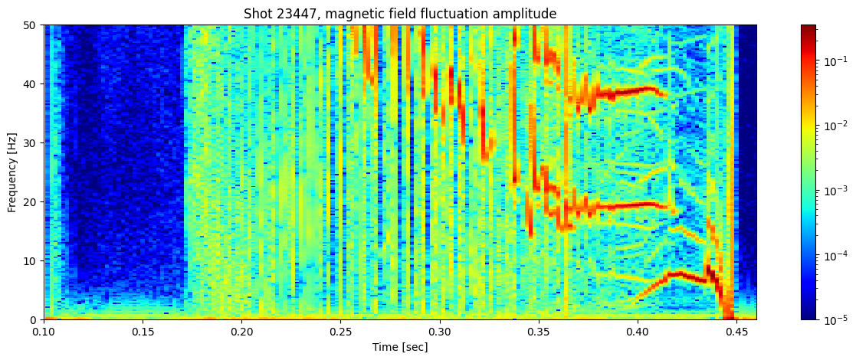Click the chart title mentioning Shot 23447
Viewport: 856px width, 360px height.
[400, 14]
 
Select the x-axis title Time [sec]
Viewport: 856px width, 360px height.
[400, 347]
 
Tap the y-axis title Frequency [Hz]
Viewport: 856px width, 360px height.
[12, 172]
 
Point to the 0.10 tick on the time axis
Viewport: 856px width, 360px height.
[44, 332]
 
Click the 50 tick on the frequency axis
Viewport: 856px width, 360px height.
[31, 25]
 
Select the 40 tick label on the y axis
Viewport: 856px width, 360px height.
[31, 84]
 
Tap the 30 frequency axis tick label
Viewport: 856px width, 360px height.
[31, 143]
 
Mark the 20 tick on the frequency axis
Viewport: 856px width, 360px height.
[31, 202]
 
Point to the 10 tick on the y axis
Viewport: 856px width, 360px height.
[31, 261]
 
